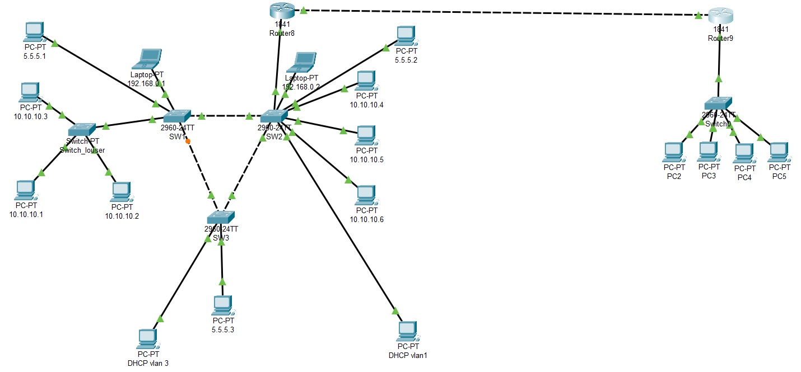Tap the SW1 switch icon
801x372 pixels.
(x=178, y=116)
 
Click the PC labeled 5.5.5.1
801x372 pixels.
(x=34, y=31)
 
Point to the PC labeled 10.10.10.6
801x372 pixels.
(x=366, y=195)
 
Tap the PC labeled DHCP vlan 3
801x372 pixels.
(x=147, y=338)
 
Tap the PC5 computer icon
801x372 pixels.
(x=778, y=152)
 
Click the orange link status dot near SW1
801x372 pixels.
(x=188, y=141)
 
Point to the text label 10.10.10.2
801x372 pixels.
(x=122, y=215)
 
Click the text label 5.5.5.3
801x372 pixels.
(x=223, y=329)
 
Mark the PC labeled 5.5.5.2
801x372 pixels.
(x=405, y=36)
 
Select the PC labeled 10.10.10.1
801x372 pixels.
(x=25, y=190)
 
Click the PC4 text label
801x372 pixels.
(x=744, y=177)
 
